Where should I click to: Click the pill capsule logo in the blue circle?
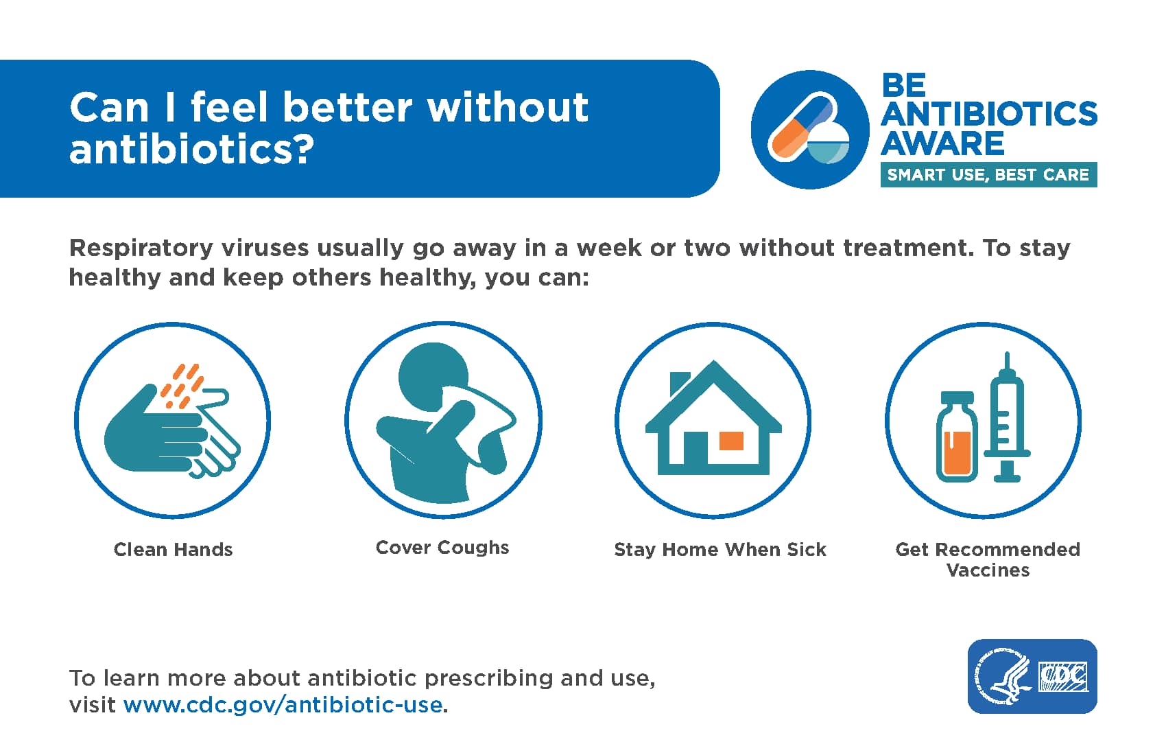tap(809, 129)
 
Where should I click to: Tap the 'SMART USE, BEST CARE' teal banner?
tap(988, 174)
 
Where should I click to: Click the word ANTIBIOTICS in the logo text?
tap(989, 113)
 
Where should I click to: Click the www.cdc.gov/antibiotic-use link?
tap(283, 704)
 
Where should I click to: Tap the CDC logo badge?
tap(1032, 676)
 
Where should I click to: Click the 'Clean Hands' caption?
tap(173, 549)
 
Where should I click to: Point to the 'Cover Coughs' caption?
tap(442, 548)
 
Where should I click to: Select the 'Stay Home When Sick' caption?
tap(720, 549)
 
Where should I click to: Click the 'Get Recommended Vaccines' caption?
tap(988, 559)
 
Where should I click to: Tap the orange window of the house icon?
tap(731, 441)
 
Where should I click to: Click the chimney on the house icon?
tap(679, 384)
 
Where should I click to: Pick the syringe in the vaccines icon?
tap(1008, 417)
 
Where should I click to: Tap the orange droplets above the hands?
tap(181, 386)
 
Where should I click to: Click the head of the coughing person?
tap(433, 376)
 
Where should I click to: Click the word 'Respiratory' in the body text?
tap(141, 248)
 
